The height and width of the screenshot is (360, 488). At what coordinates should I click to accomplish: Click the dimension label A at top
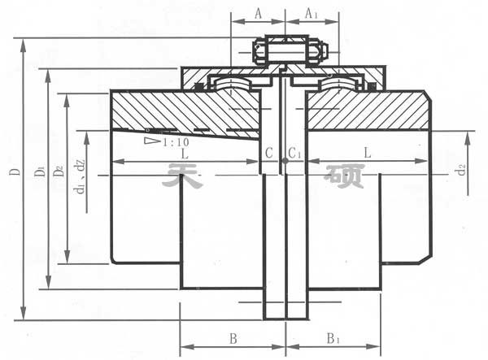(x=258, y=13)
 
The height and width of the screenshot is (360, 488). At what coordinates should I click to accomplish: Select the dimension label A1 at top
(x=312, y=13)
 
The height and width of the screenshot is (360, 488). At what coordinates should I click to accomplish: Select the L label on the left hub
(x=186, y=153)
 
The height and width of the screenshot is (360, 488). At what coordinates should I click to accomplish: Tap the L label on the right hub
(x=368, y=153)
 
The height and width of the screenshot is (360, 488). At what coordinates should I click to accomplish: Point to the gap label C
(x=268, y=153)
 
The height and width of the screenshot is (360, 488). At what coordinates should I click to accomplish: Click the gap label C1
(x=294, y=153)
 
